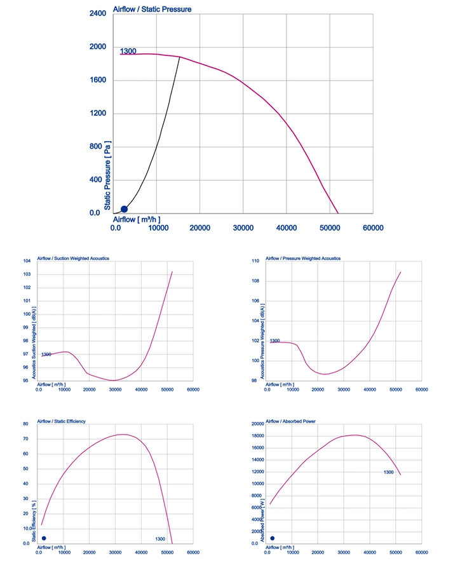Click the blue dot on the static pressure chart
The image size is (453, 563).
coord(124,209)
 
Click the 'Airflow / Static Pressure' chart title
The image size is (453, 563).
coord(152,10)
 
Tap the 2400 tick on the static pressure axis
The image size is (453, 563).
coord(98,13)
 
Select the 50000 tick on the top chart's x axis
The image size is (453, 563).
coord(330,227)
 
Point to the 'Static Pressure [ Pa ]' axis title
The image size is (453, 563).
coord(107,175)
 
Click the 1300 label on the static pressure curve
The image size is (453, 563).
coord(128,51)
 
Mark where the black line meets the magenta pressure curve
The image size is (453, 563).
coord(180,57)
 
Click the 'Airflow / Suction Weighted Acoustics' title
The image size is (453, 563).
coord(73,258)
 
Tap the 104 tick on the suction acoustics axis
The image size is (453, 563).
coord(27,261)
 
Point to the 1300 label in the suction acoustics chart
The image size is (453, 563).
coord(46,355)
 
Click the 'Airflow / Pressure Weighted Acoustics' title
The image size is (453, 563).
coord(303,258)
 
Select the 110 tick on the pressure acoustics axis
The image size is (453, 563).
coord(255,261)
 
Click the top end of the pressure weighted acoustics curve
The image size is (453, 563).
coord(401,272)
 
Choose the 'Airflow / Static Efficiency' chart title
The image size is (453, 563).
coord(62,421)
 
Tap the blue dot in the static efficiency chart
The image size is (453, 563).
coord(44,538)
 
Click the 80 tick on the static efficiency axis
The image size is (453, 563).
coord(25,424)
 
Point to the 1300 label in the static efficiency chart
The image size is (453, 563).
coord(160,539)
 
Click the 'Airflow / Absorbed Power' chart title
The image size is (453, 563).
coord(290,421)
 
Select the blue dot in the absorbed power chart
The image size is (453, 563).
coord(273,538)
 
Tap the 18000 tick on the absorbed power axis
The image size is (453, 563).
coord(258,436)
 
